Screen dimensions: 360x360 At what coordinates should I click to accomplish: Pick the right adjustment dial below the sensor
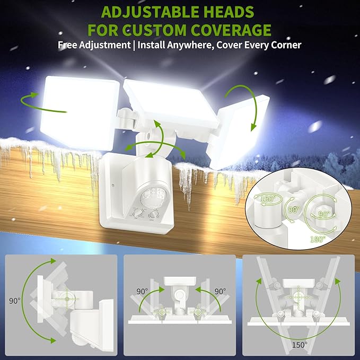point(155,214)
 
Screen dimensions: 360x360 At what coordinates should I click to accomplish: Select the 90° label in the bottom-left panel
point(14,300)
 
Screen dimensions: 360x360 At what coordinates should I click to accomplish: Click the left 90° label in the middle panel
point(141,291)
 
